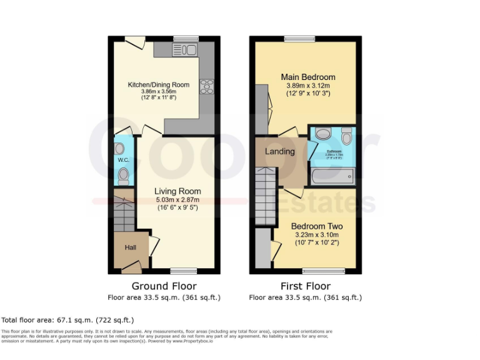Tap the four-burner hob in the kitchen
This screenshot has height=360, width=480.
(206, 87)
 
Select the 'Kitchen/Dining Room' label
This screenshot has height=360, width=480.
(159, 85)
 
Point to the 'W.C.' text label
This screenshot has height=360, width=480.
(122, 161)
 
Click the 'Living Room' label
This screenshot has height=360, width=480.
(177, 191)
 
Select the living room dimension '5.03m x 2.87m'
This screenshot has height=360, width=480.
(177, 200)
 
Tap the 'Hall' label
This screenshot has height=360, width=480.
(131, 248)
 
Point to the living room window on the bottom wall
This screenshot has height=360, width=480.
(184, 271)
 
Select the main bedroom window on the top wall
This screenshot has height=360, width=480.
(299, 39)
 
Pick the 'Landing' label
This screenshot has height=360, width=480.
(279, 152)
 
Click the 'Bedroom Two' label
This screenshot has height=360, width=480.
(316, 226)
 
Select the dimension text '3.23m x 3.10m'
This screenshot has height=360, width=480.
(316, 235)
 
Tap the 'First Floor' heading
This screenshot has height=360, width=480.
(305, 286)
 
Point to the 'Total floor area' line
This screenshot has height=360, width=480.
(67, 319)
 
